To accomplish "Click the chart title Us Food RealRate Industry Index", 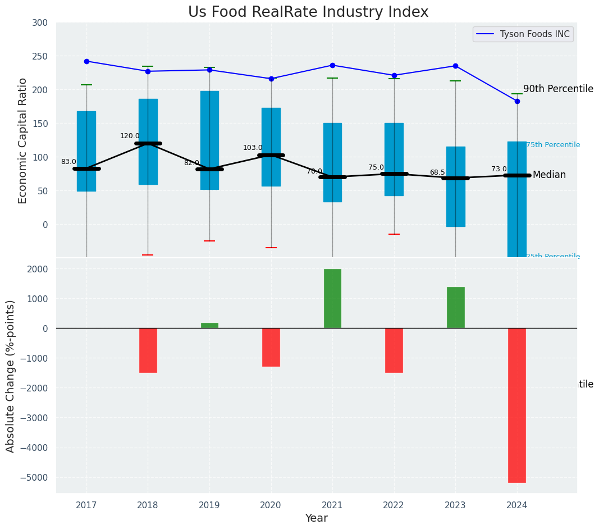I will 308,12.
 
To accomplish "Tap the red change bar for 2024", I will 517,405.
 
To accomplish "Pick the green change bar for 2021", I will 332,298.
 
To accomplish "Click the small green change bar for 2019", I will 209,326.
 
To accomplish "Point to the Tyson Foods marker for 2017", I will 86,61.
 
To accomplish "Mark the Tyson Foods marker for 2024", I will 517,101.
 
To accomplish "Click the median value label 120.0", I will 130,136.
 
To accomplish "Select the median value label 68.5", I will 437,172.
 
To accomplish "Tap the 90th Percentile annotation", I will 558,89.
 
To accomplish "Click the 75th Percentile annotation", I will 553,145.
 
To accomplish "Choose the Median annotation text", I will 549,175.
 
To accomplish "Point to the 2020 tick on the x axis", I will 271,505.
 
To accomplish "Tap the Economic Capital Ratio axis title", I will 23,140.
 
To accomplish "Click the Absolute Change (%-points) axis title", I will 11,376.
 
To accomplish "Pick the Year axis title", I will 317,518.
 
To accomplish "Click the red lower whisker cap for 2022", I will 394,234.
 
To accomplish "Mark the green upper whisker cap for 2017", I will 86,85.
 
